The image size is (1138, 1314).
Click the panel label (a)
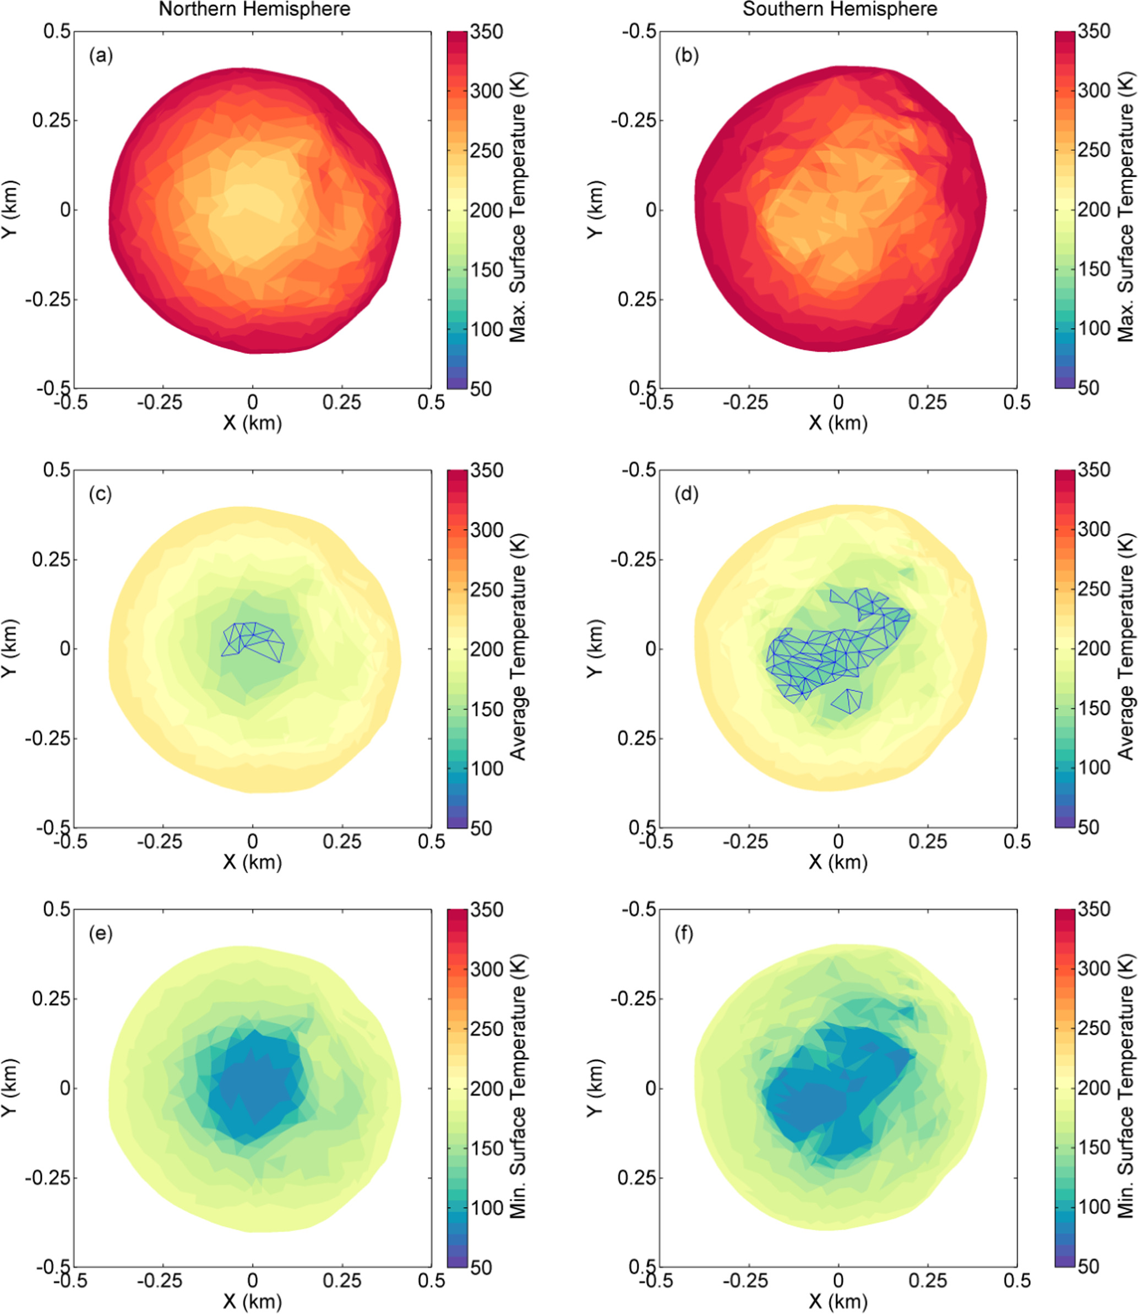(100, 56)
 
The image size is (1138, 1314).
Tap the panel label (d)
(687, 494)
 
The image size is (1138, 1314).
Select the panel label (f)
(684, 934)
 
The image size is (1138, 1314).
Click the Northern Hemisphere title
(254, 9)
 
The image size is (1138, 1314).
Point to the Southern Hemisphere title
(840, 9)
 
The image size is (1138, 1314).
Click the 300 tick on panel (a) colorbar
(487, 91)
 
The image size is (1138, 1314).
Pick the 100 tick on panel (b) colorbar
(1093, 329)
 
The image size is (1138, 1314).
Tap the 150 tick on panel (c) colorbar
(487, 709)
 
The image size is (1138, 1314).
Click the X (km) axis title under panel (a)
(252, 423)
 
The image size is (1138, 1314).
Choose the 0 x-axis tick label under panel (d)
(838, 842)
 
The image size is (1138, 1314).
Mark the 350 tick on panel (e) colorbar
(487, 909)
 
